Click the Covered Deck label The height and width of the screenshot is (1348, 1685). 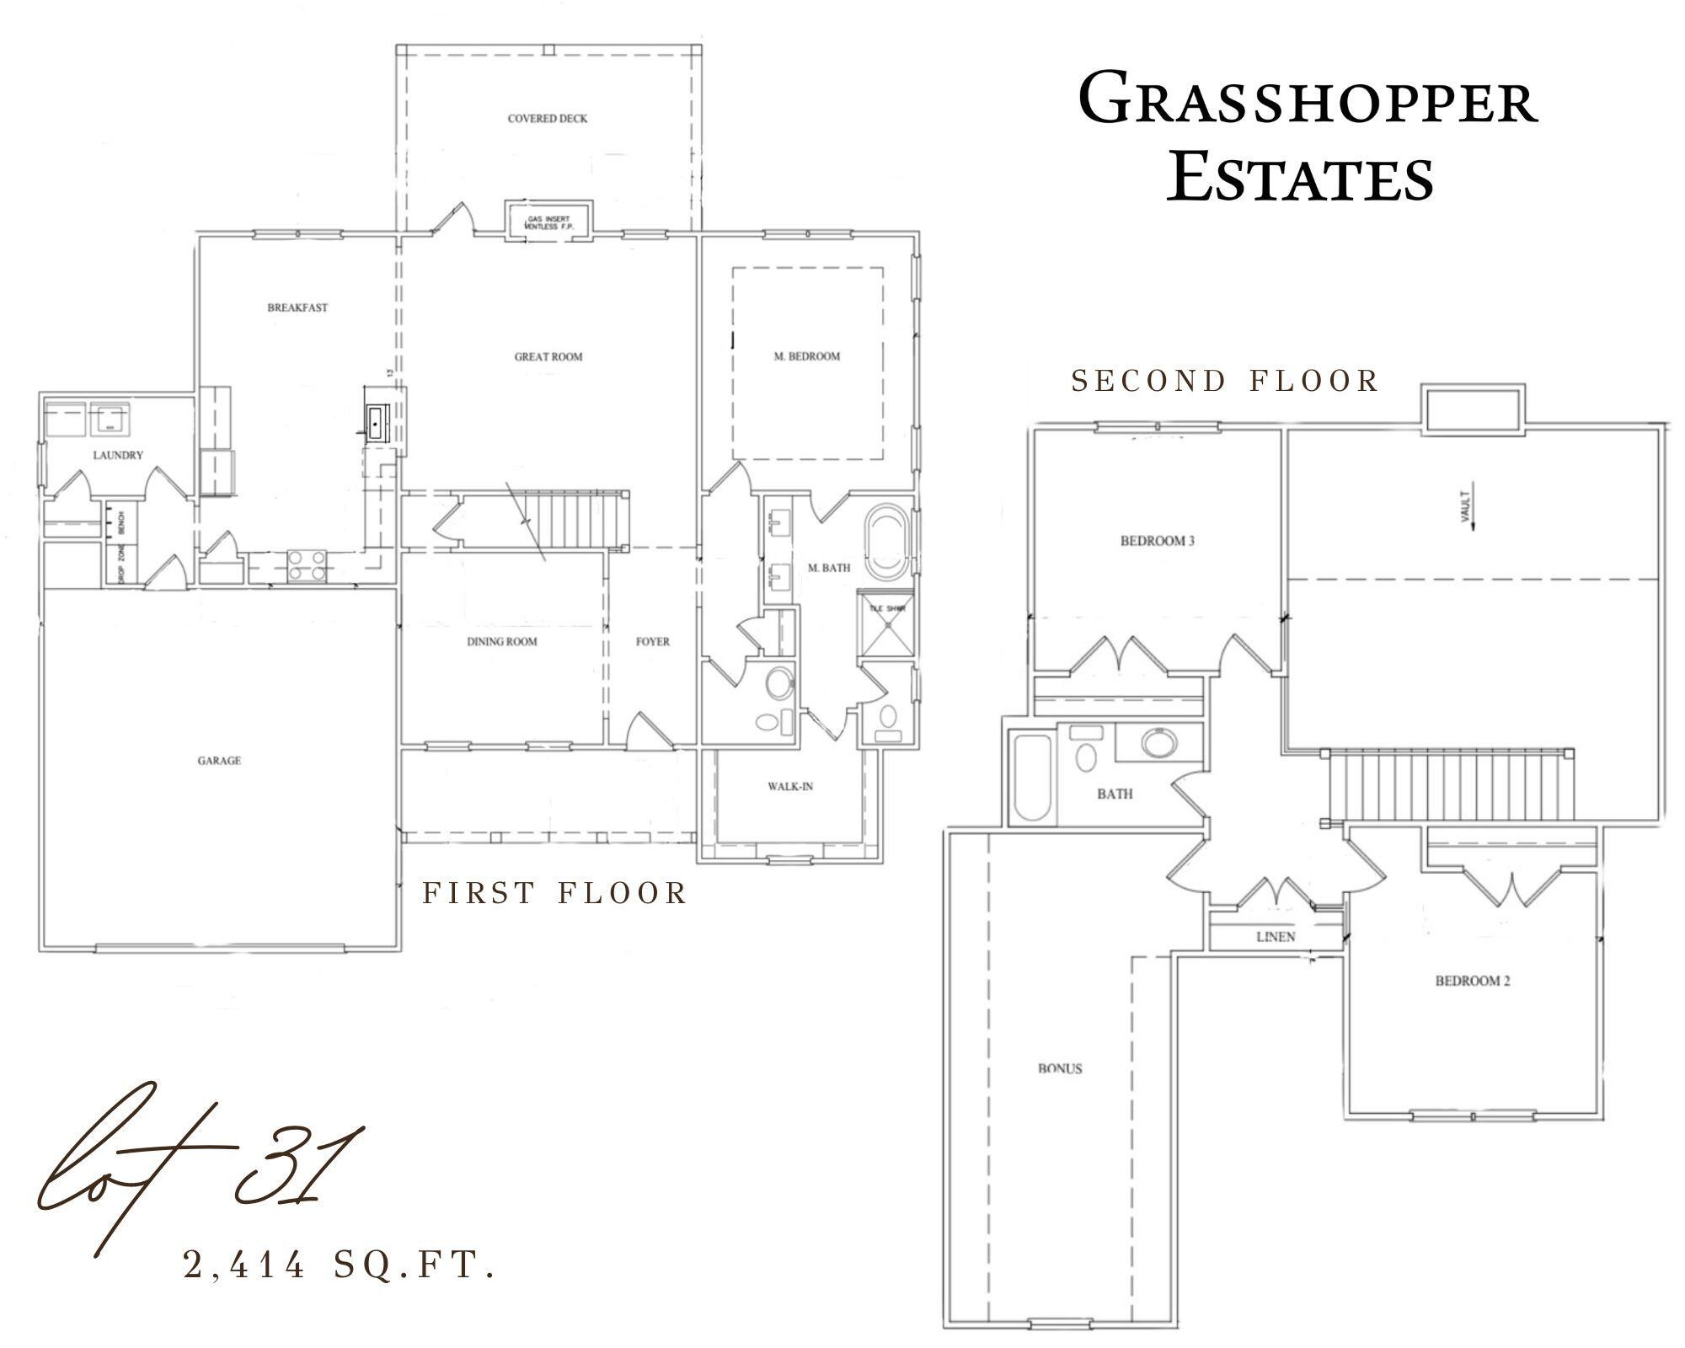[x=547, y=119]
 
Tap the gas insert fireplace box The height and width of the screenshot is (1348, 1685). [x=548, y=221]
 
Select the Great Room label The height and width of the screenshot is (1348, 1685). [x=548, y=356]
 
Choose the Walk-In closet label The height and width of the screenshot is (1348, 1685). [x=789, y=787]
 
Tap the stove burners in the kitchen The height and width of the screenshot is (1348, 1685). [x=306, y=565]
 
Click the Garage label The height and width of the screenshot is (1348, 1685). [x=219, y=761]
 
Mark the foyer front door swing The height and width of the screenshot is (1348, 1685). [x=649, y=730]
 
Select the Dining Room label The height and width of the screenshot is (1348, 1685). [x=502, y=642]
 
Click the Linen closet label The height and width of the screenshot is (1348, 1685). [x=1276, y=937]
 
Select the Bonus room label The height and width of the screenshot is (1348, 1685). [x=1060, y=1069]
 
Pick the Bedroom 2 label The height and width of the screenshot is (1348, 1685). [x=1473, y=981]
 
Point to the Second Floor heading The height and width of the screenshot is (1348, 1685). [x=1224, y=381]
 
